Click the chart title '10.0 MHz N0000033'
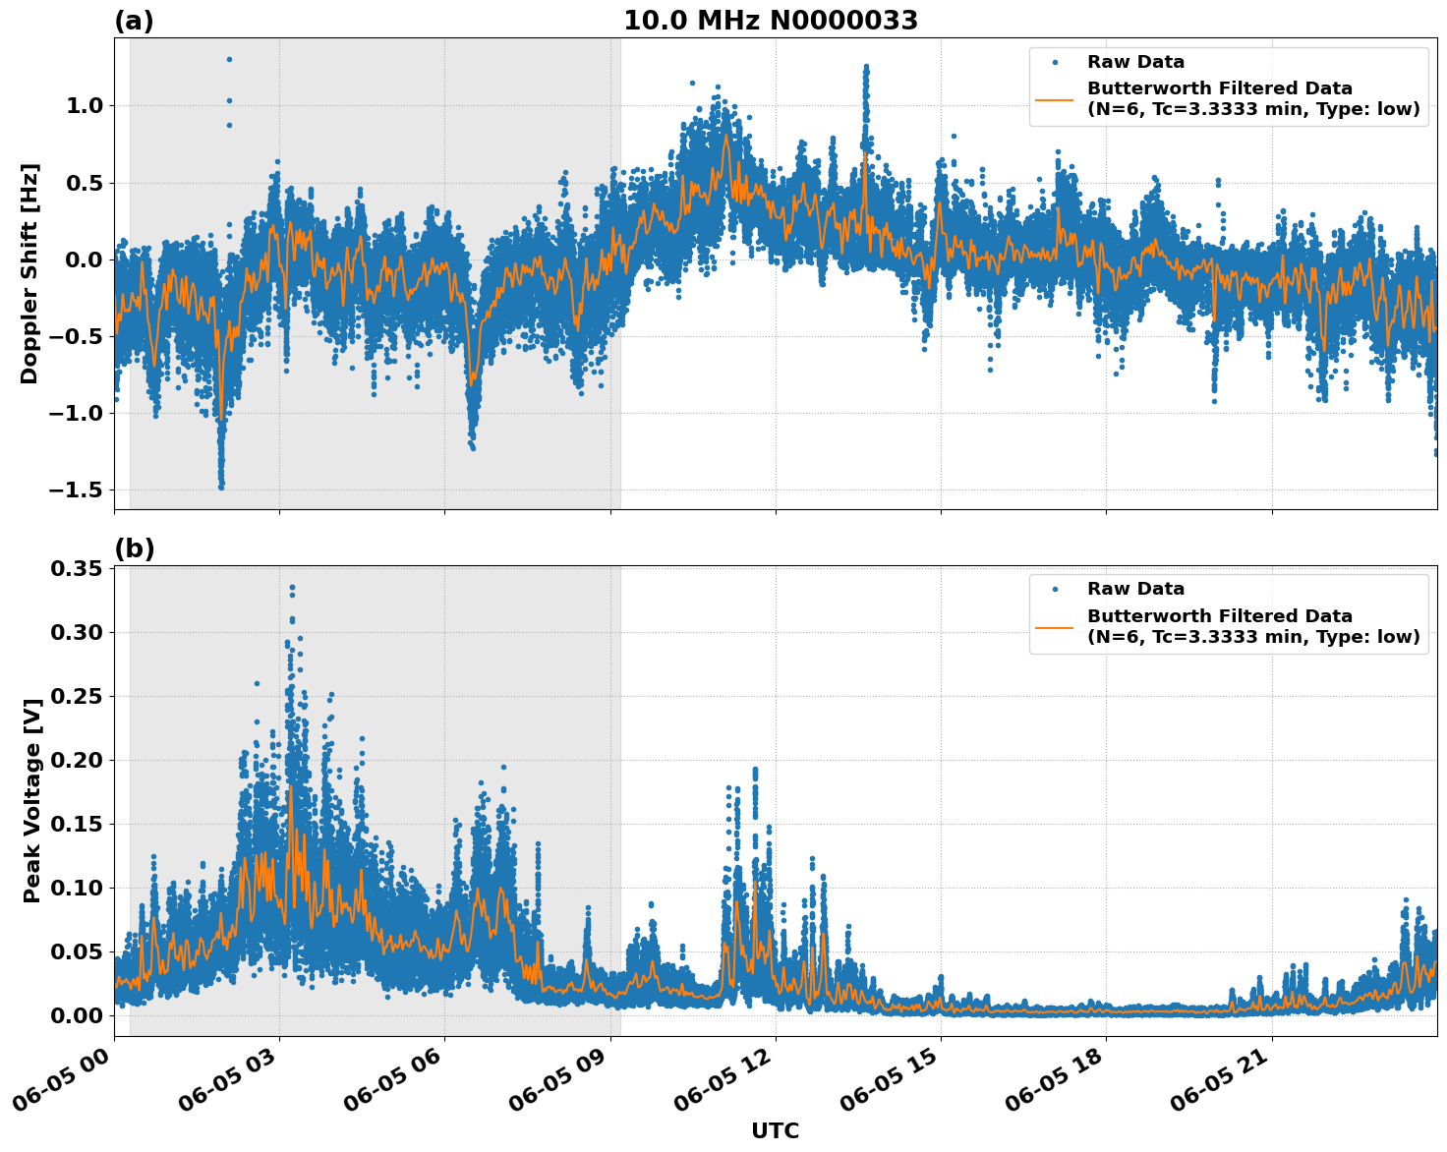pos(771,21)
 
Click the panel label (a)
pos(134,21)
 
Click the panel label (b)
pos(134,548)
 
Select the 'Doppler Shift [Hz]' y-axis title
pos(29,273)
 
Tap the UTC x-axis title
pos(775,1130)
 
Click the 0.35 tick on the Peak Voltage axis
pos(77,569)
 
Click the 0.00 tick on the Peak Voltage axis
pos(77,1015)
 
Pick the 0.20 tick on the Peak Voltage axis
pos(77,760)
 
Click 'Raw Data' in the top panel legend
pos(1135,62)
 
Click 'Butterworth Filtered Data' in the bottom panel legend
pos(1219,616)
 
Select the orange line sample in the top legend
pos(1054,99)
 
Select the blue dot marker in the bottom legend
pos(1054,589)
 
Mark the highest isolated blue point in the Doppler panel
pos(229,59)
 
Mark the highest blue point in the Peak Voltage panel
pos(292,587)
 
